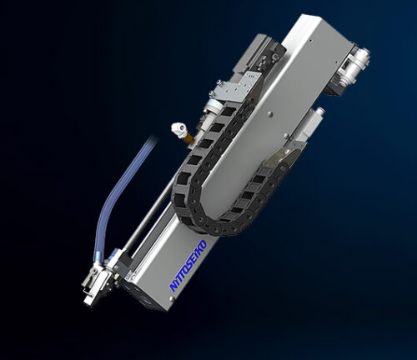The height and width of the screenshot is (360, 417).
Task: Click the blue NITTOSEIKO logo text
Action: (x=188, y=266)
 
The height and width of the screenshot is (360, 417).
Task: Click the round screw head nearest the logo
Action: (x=172, y=298)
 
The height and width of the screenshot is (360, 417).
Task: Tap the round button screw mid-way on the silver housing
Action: (x=269, y=114)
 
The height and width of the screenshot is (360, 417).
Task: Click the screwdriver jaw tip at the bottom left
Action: (x=88, y=301)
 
